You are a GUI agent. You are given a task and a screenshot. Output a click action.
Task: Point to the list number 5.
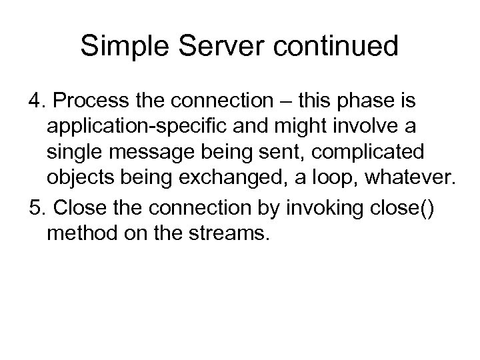pyautogui.click(x=37, y=207)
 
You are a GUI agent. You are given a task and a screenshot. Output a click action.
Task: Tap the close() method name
pyautogui.click(x=402, y=207)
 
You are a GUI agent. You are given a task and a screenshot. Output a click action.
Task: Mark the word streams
pyautogui.click(x=225, y=232)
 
